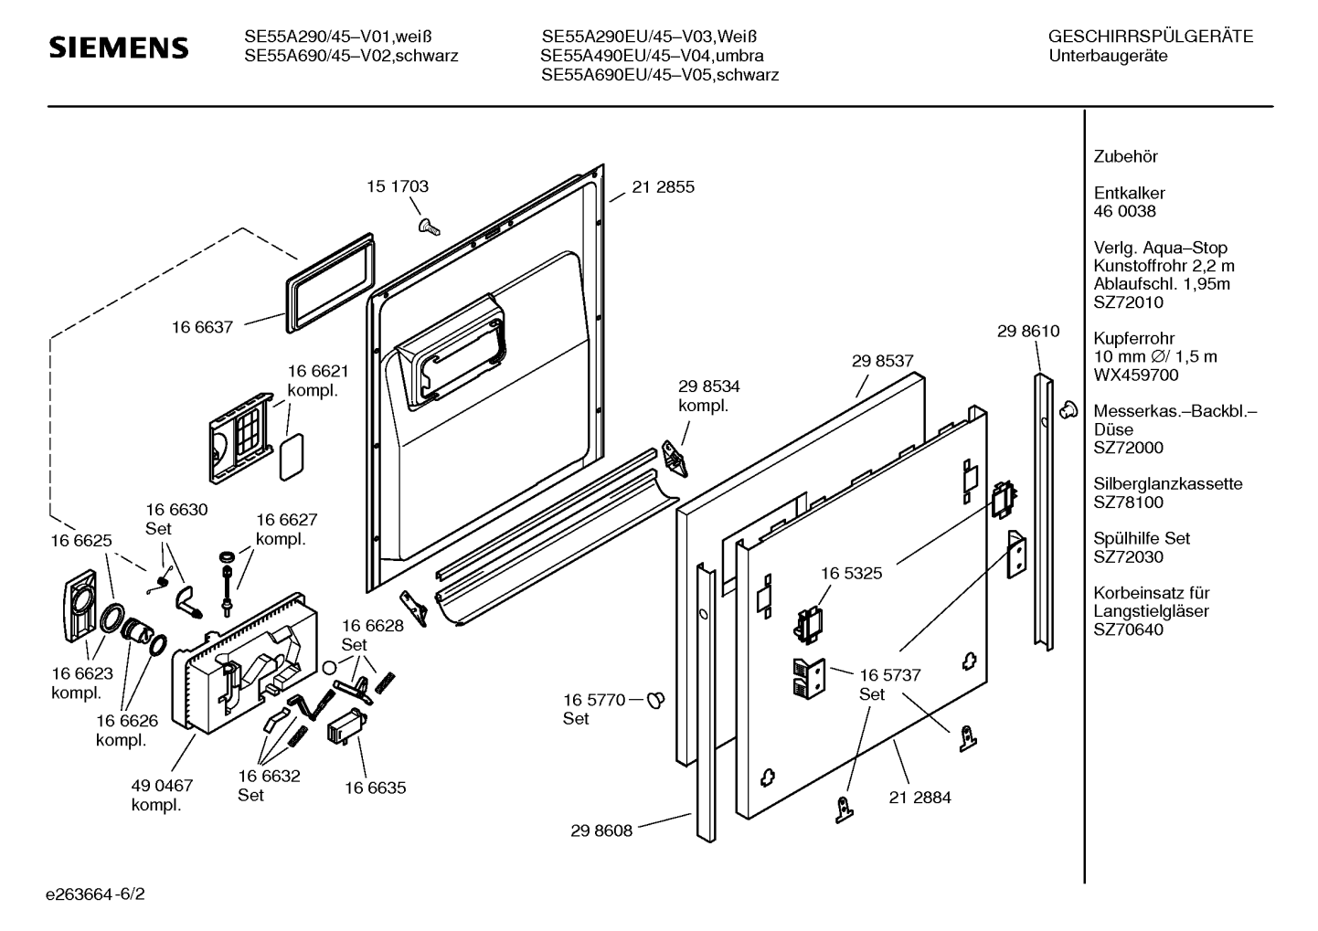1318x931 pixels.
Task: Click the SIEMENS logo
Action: (x=119, y=48)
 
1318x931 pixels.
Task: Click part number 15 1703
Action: (x=398, y=186)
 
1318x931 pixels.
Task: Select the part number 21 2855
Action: (x=663, y=187)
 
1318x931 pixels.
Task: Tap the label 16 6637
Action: (x=202, y=326)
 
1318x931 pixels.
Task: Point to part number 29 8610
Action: (x=1028, y=332)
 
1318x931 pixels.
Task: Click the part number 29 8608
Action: (x=601, y=830)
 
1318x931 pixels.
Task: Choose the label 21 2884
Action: (x=919, y=798)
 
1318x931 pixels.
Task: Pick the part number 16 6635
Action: (x=375, y=788)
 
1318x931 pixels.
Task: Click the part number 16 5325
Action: (x=851, y=574)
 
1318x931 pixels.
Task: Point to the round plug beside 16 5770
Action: (x=655, y=701)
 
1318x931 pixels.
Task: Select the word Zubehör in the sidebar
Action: (x=1125, y=157)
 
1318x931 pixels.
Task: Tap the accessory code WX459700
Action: (x=1136, y=376)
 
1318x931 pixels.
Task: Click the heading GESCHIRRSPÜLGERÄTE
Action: (x=1150, y=37)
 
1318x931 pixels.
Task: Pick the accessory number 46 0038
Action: (x=1124, y=212)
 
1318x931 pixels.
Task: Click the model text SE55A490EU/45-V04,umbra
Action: (x=653, y=56)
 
